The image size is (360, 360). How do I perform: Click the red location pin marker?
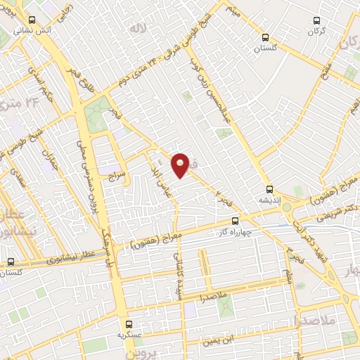point(180,165)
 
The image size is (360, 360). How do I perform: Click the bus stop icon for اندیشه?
point(269,188)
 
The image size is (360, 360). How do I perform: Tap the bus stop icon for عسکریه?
point(127,324)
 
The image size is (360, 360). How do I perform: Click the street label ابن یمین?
point(219,342)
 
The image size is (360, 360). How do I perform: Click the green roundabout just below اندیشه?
point(268,208)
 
